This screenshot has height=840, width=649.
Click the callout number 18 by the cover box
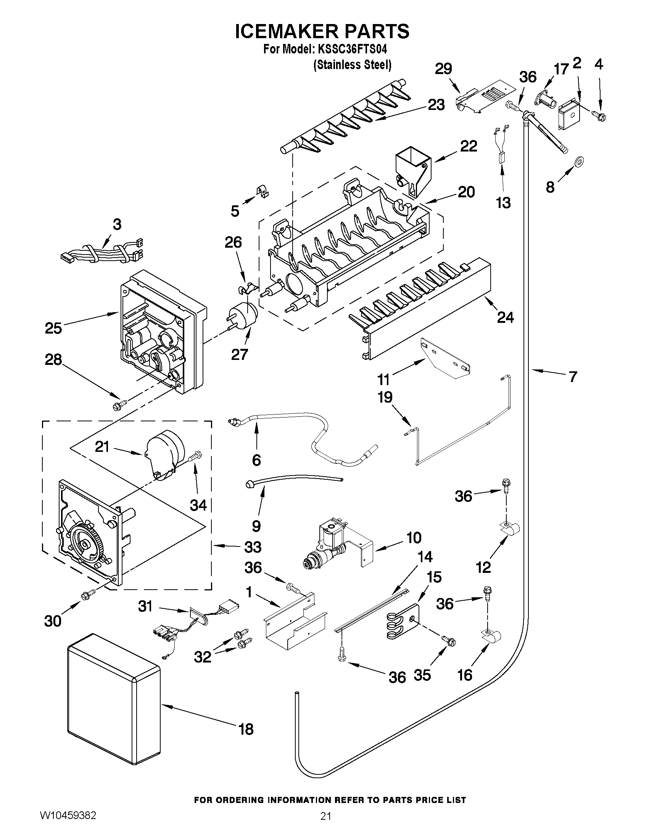point(246,729)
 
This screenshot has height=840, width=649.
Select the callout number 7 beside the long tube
point(573,377)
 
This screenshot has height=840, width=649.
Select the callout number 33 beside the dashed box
point(252,547)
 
